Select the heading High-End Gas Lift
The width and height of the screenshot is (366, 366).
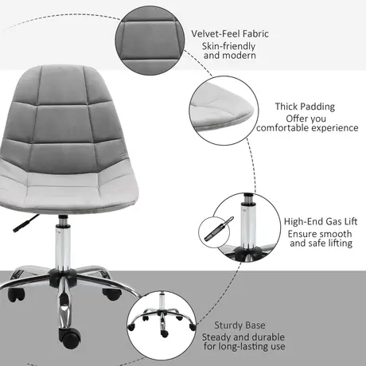pos(313,222)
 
